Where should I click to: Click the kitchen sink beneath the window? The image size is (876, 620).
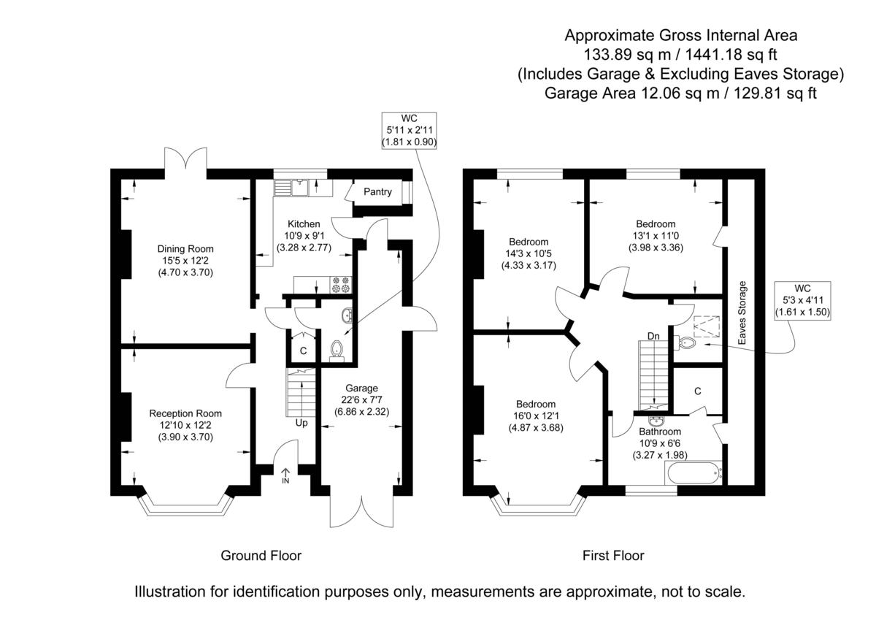pos(301,188)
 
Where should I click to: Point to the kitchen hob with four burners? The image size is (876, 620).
pos(340,284)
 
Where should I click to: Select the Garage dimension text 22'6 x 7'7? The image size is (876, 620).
pos(361,399)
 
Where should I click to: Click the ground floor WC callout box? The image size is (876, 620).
pos(409,131)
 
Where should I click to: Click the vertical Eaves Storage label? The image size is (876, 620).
pos(742,312)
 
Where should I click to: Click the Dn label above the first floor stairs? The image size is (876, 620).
pos(653,336)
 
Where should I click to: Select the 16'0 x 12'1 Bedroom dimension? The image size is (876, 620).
pos(536,416)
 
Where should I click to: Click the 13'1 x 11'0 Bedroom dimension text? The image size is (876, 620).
pos(656,236)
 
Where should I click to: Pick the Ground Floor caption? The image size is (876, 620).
pos(261,556)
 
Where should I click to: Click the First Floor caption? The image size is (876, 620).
pos(613,556)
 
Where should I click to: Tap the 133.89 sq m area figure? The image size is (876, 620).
pos(620,54)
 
